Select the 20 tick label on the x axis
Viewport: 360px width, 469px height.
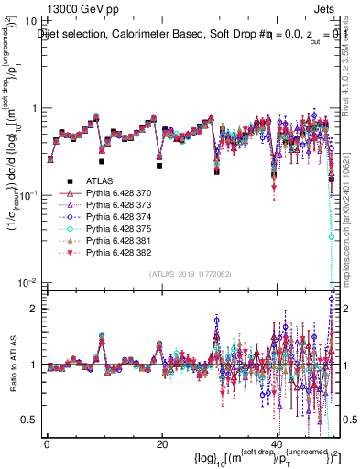[x=162, y=444]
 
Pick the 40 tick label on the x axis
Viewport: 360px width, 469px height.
[x=277, y=444]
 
